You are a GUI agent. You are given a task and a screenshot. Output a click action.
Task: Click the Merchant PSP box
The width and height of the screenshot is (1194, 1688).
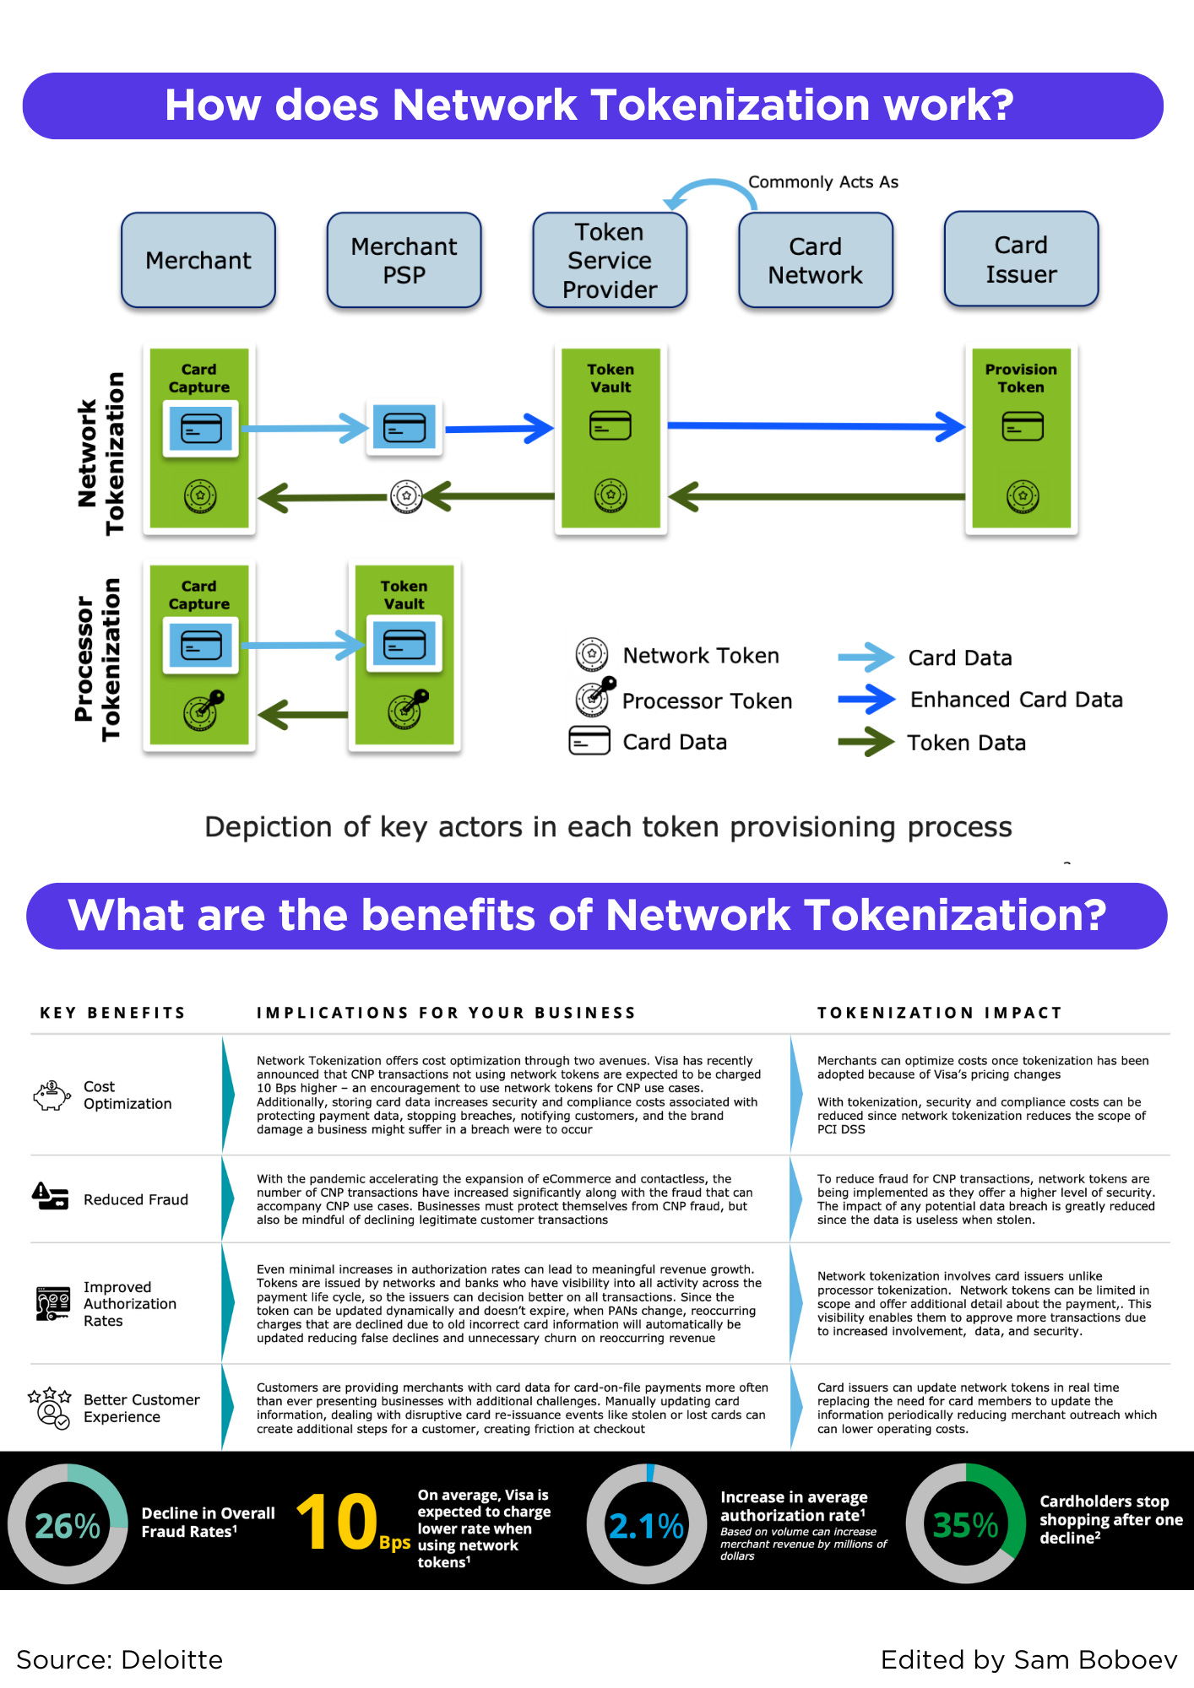tap(404, 260)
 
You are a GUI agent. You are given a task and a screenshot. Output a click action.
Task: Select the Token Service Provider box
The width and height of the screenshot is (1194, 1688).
tap(610, 260)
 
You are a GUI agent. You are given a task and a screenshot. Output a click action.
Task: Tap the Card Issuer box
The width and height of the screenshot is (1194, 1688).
tap(1021, 259)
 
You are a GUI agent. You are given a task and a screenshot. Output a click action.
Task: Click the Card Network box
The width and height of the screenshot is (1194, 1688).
tap(815, 260)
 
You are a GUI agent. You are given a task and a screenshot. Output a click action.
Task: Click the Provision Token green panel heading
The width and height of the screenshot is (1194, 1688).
tap(1021, 378)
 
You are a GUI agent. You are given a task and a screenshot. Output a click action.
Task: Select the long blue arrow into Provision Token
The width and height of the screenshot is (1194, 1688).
tap(815, 426)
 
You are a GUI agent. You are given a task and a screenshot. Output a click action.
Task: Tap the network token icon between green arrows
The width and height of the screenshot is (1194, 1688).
tap(406, 496)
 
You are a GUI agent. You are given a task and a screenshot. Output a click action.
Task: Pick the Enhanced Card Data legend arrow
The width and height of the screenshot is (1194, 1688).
tap(866, 699)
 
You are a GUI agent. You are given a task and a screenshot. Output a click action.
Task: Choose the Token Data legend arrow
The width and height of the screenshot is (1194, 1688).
tap(866, 742)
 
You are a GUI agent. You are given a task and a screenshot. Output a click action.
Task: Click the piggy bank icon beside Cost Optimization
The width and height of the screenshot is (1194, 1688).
tap(52, 1095)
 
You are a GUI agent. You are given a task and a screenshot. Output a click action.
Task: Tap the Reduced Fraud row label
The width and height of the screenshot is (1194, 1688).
tap(135, 1199)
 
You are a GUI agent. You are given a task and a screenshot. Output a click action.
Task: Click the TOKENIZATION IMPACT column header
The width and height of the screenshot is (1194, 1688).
tap(939, 1013)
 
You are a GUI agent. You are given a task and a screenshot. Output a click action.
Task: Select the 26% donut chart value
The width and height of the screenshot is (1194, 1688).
tap(68, 1525)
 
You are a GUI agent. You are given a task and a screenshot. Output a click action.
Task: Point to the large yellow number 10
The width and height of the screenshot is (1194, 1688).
tap(336, 1522)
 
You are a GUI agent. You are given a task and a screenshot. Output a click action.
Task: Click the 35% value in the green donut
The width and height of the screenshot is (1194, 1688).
tap(965, 1524)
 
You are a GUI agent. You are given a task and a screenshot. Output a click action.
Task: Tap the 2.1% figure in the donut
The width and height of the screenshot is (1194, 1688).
tap(646, 1526)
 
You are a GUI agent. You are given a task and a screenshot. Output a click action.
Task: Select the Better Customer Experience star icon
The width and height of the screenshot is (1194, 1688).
tap(50, 1407)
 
